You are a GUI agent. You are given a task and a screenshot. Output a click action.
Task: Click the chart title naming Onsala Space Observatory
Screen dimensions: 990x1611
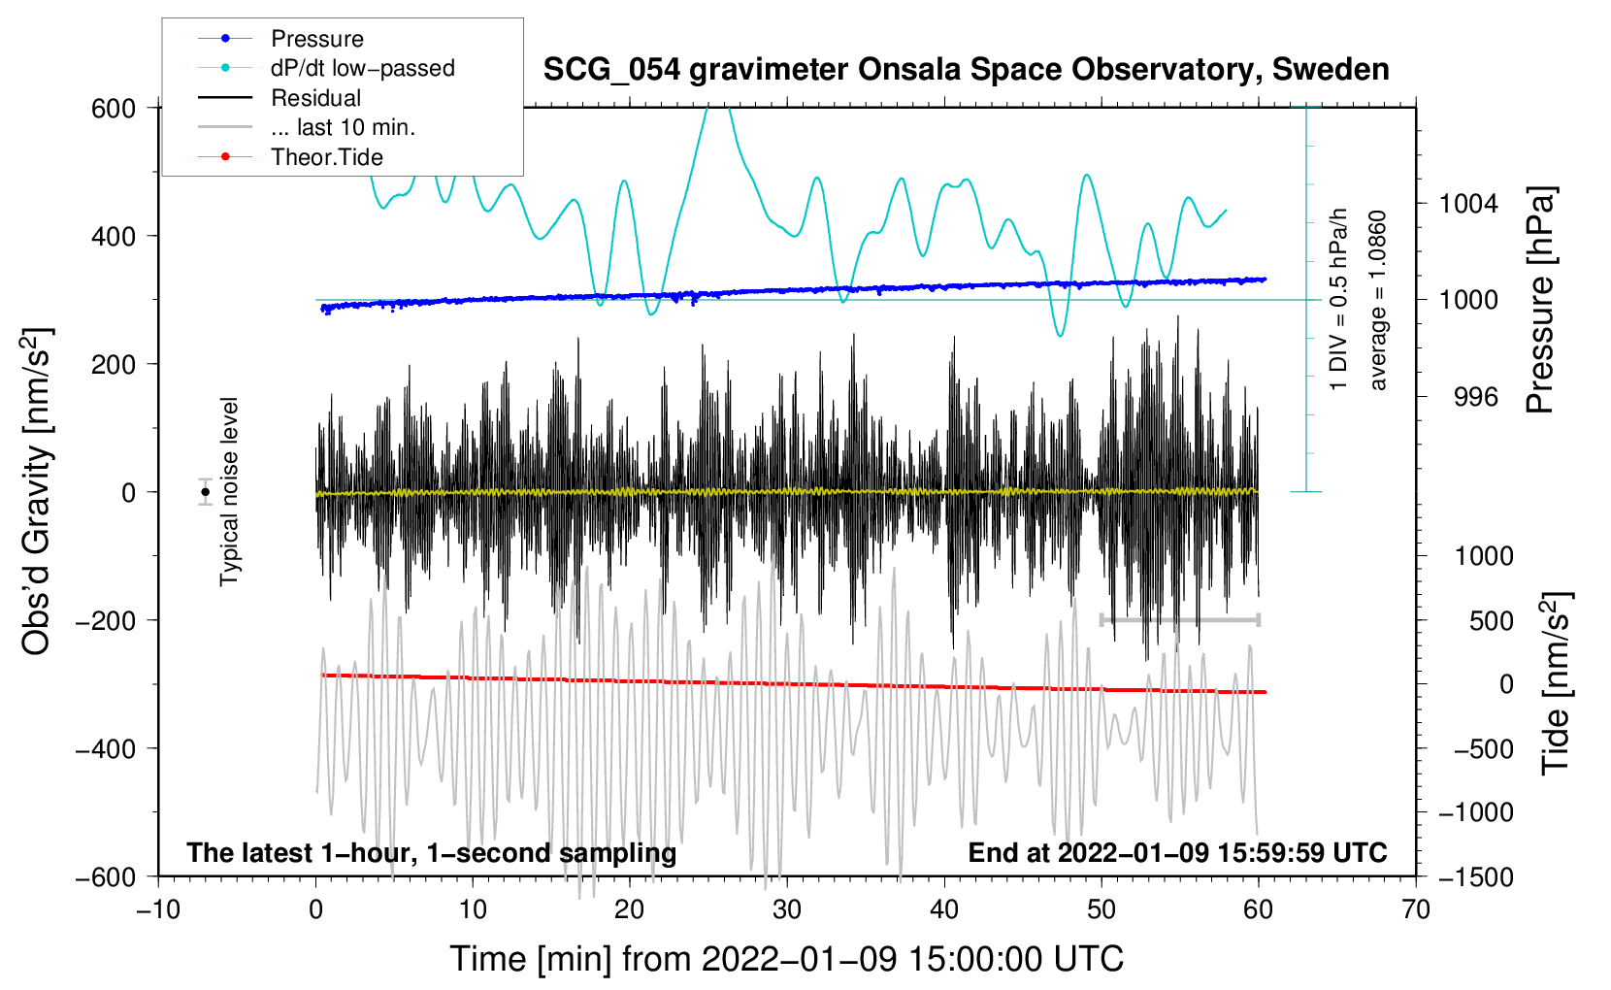coord(966,70)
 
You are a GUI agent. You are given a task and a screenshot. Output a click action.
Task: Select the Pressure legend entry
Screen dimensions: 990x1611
coord(316,39)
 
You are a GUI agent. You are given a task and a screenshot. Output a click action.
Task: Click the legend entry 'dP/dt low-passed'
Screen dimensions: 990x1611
coord(362,68)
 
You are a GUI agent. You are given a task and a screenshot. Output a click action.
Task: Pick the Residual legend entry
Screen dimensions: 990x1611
coord(315,98)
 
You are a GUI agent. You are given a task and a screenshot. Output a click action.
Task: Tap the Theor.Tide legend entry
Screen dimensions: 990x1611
coord(326,157)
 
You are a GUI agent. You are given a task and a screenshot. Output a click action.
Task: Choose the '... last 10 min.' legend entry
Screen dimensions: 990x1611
coord(343,127)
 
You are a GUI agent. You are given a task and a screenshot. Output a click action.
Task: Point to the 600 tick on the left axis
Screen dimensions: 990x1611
coord(114,109)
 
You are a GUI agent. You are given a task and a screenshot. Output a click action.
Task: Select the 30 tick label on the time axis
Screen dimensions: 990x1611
coord(787,910)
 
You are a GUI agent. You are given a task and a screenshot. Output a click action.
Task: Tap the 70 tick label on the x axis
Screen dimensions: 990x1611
coord(1416,910)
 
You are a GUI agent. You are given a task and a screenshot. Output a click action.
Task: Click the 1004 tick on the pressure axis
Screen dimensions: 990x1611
coord(1468,204)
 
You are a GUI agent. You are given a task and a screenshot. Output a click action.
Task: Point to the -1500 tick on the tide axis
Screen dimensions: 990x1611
coord(1476,876)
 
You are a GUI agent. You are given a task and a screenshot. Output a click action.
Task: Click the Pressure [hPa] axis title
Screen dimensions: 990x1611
coord(1540,301)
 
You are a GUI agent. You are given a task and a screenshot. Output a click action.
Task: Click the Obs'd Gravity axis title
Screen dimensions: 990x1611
coord(37,492)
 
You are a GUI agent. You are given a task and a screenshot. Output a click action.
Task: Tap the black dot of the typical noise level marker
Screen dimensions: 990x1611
coord(206,492)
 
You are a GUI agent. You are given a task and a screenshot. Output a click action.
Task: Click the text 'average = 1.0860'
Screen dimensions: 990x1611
coord(1378,301)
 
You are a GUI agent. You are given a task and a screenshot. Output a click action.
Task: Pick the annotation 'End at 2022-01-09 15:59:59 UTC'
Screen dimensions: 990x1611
coord(1177,853)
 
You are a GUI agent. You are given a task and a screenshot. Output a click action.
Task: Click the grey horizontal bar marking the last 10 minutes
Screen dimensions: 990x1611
coord(1179,619)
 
